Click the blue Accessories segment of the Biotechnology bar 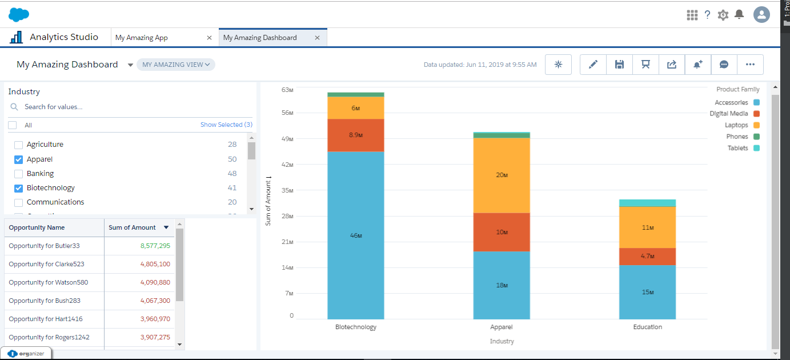coord(355,235)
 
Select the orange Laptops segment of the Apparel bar coord(502,175)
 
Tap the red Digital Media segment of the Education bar coord(647,256)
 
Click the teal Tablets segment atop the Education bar coord(647,203)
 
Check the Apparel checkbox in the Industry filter coord(18,159)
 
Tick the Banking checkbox coord(18,174)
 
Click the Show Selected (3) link coord(226,125)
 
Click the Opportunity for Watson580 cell coord(49,282)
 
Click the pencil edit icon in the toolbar coord(593,65)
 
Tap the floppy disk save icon coord(619,65)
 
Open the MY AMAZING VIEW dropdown coord(176,65)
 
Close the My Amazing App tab coord(209,38)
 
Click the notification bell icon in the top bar coord(739,14)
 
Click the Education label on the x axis coord(647,327)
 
